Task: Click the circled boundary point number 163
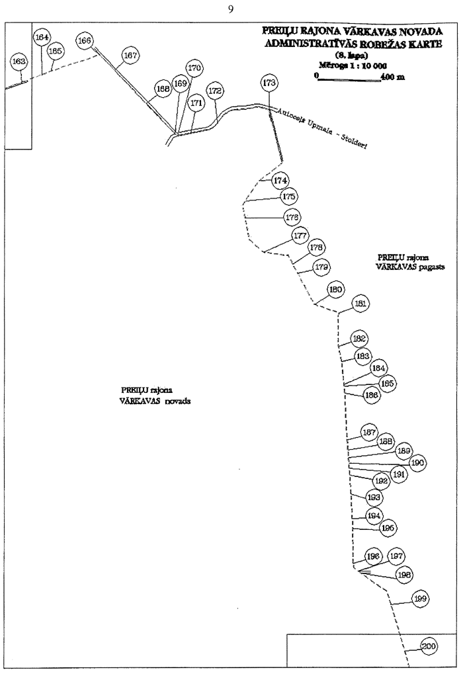pyautogui.click(x=19, y=62)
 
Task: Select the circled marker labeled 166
pyautogui.click(x=85, y=41)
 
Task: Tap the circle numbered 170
pyautogui.click(x=194, y=68)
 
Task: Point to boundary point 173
pyautogui.click(x=269, y=83)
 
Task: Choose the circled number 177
pyautogui.click(x=300, y=236)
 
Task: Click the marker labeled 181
pyautogui.click(x=360, y=304)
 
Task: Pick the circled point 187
pyautogui.click(x=369, y=433)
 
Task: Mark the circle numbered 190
pyautogui.click(x=417, y=463)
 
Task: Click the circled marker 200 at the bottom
pyautogui.click(x=428, y=646)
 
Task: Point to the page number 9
pyautogui.click(x=231, y=9)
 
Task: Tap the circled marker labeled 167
pyautogui.click(x=131, y=56)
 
